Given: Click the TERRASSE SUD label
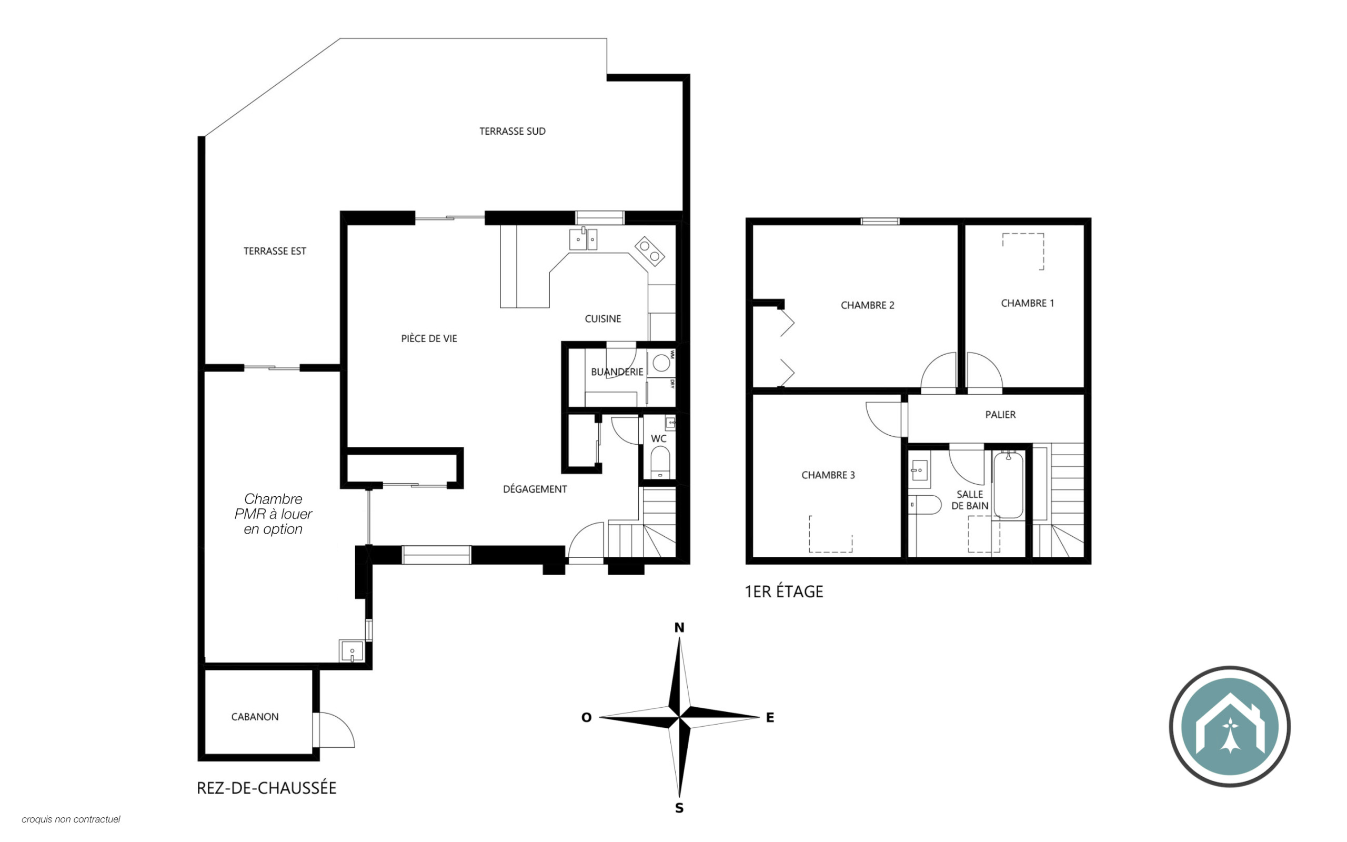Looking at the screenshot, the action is tap(512, 132).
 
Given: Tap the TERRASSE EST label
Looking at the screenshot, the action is tap(275, 251).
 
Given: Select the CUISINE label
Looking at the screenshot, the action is tap(603, 318).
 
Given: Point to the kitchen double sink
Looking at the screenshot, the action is tap(583, 239).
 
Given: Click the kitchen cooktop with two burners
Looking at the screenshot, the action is tap(650, 252).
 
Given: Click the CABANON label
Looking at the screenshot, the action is tap(255, 717).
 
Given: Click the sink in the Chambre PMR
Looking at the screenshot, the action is tap(351, 651).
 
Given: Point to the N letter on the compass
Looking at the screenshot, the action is tap(679, 628).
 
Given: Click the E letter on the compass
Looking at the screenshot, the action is tap(770, 717).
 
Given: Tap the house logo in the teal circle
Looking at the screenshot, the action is tap(1230, 726).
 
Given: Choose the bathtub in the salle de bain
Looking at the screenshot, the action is tap(1008, 485).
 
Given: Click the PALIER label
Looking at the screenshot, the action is tap(1000, 414).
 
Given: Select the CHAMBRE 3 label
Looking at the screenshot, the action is tap(828, 475).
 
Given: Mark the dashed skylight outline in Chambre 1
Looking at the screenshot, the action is tap(1023, 252).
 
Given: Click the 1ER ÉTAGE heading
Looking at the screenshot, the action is tap(783, 592).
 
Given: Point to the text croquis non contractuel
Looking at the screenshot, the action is tap(71, 819).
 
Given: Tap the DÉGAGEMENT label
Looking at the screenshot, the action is tap(535, 489).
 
